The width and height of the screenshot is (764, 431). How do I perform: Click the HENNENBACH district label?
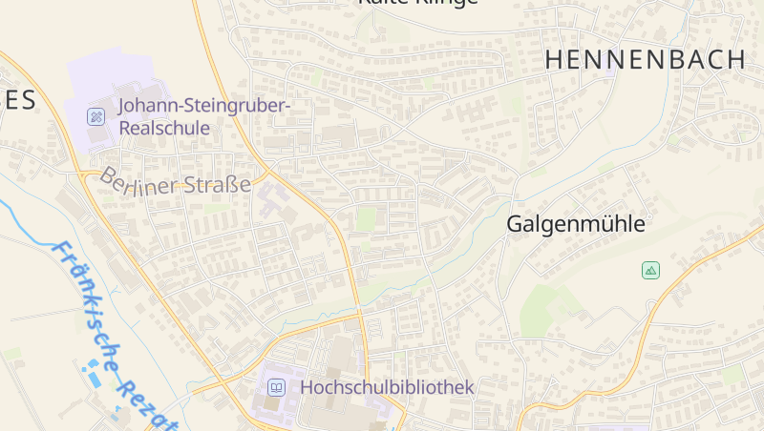pyautogui.click(x=645, y=59)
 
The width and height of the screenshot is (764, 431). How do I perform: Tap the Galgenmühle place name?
pyautogui.click(x=575, y=225)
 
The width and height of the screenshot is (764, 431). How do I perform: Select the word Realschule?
pyautogui.click(x=164, y=128)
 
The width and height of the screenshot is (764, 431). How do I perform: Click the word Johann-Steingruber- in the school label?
pyautogui.click(x=203, y=105)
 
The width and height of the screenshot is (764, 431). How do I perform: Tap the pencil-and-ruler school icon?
pyautogui.click(x=95, y=116)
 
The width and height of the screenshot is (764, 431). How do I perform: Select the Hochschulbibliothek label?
pyautogui.click(x=387, y=387)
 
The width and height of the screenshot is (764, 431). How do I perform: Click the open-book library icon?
pyautogui.click(x=276, y=387)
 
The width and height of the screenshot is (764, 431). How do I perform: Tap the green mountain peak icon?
pyautogui.click(x=650, y=271)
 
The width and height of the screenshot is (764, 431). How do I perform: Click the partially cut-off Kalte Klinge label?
pyautogui.click(x=416, y=3)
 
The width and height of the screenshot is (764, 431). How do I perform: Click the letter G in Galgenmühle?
pyautogui.click(x=515, y=225)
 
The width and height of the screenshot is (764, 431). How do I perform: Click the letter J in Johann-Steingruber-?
pyautogui.click(x=122, y=105)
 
